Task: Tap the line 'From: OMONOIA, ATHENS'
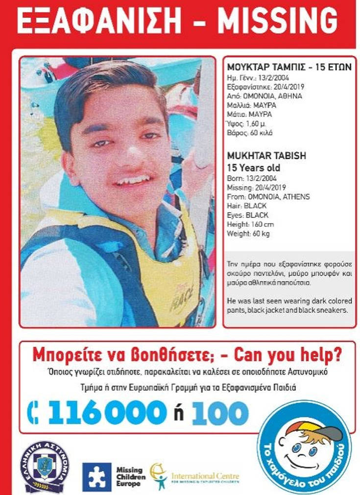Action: pyautogui.click(x=268, y=197)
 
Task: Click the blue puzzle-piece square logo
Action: pyautogui.click(x=96, y=476)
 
